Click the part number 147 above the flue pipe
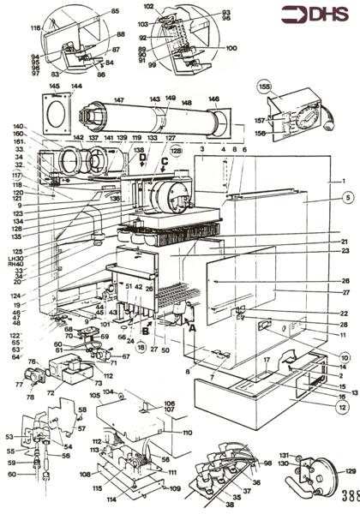pos(118,100)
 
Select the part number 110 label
pos(189,433)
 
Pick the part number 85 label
pos(115,11)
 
